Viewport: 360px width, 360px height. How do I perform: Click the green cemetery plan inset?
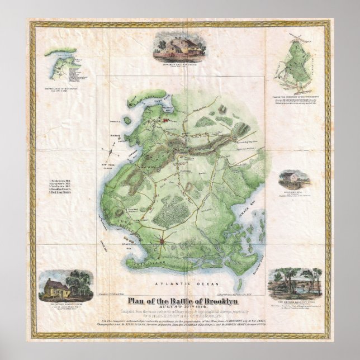(300, 63)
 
